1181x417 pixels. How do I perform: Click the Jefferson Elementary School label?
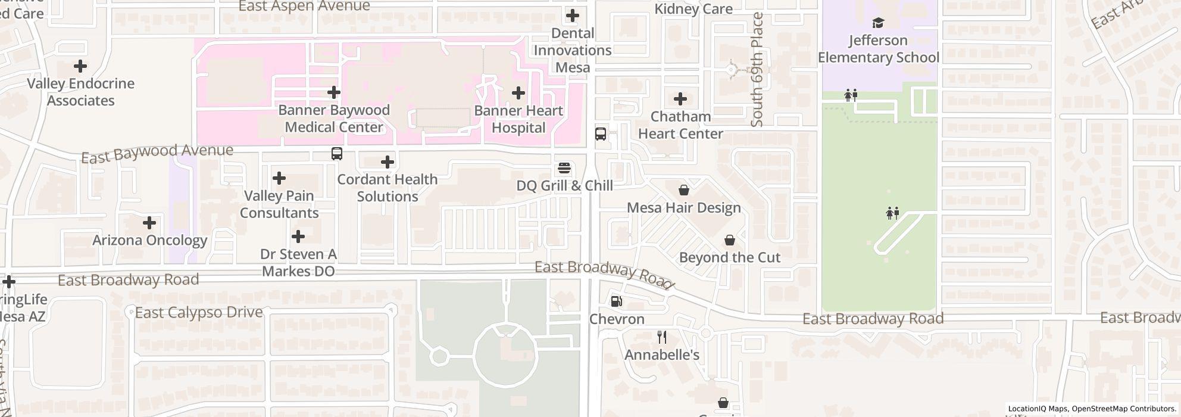(x=878, y=49)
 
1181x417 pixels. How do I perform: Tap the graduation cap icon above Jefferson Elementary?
(x=878, y=23)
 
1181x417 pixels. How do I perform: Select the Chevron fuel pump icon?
(x=617, y=301)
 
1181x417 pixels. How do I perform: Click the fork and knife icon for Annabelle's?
(x=662, y=337)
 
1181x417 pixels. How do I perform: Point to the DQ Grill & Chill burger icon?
(x=564, y=168)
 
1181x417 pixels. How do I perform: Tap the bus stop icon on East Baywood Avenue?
(x=337, y=154)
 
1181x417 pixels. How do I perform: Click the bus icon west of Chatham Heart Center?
(x=601, y=133)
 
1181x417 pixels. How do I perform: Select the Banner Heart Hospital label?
(x=518, y=119)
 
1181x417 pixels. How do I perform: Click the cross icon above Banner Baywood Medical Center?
(x=334, y=92)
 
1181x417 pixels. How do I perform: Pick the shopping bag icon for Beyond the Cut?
(x=729, y=240)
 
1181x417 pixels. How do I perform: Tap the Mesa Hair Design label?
(x=684, y=208)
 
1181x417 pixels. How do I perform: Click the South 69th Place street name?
(x=757, y=70)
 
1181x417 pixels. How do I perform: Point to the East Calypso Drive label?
(x=199, y=312)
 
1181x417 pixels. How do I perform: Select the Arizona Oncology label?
(x=149, y=240)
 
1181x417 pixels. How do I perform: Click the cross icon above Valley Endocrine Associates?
(x=80, y=66)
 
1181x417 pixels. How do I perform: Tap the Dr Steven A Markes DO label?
(x=298, y=263)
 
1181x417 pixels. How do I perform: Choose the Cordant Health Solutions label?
(x=388, y=188)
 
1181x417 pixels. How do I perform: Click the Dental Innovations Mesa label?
(x=572, y=50)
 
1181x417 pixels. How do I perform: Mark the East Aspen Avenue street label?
(x=304, y=7)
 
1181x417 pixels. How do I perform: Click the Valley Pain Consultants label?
(x=279, y=204)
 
